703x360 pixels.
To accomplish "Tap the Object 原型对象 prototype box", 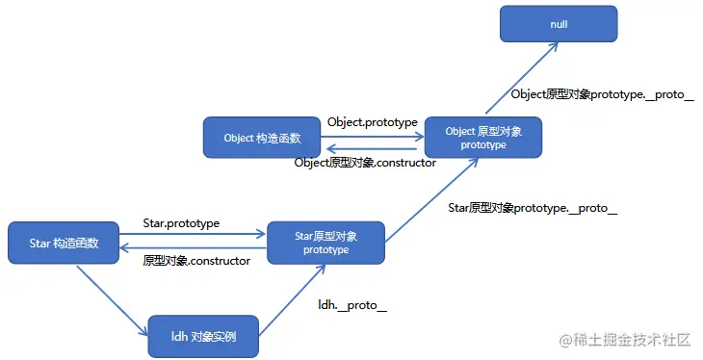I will click(x=482, y=138).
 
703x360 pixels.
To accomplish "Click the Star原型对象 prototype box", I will click(x=325, y=243).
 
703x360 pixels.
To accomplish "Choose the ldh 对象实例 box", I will click(x=202, y=337).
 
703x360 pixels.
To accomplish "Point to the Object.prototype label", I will click(x=372, y=122).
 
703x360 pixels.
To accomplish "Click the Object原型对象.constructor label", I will click(x=365, y=163).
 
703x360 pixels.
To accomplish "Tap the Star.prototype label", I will click(x=181, y=222).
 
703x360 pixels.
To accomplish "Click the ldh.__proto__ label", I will click(x=352, y=305).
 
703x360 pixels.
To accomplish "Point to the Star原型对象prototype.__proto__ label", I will click(x=533, y=207).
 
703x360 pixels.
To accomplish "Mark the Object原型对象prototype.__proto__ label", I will click(x=602, y=94).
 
